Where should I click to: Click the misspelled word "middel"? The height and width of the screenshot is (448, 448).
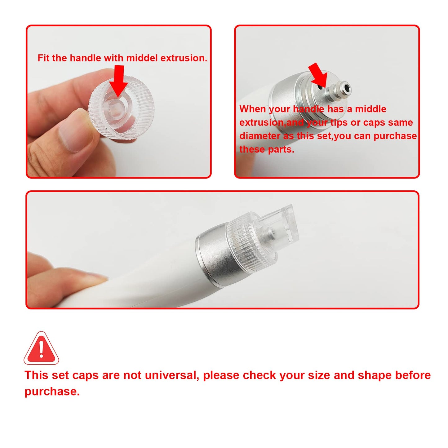pyautogui.click(x=142, y=58)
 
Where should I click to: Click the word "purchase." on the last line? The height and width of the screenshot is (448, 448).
pyautogui.click(x=52, y=391)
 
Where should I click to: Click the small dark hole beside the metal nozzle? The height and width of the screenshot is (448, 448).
pyautogui.click(x=319, y=88)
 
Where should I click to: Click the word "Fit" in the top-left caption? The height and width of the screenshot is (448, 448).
pyautogui.click(x=43, y=58)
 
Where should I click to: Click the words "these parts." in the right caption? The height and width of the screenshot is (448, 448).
pyautogui.click(x=267, y=149)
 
